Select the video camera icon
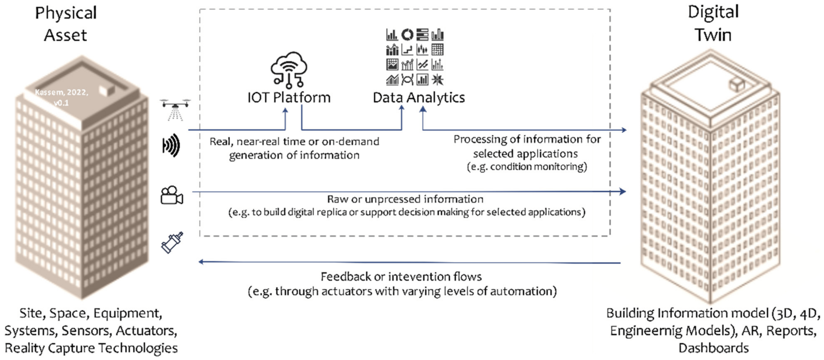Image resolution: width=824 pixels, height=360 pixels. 172,195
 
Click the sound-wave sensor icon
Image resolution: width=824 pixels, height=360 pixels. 171,146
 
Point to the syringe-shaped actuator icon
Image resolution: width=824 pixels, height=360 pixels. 172,242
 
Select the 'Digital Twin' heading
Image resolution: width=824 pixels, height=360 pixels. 713,23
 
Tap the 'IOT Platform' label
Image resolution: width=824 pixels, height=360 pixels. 289,98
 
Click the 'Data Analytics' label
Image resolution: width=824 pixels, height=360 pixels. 418,98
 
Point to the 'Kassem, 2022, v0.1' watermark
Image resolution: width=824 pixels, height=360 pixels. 61,97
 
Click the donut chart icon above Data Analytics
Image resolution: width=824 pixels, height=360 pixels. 407,35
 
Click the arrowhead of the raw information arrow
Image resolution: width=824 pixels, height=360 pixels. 622,191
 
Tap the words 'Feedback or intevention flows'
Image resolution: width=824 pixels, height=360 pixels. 401,277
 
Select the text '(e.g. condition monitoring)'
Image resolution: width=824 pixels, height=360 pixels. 527,167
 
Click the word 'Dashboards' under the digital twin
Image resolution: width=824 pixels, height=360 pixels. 713,348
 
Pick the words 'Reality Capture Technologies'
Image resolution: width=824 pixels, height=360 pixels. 91,348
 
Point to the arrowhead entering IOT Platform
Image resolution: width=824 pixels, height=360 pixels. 286,111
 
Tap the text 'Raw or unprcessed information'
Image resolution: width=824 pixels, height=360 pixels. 405,199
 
